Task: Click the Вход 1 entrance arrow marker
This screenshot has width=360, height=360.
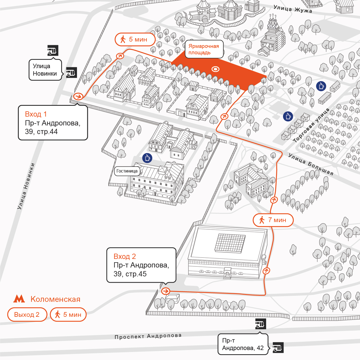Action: (x=78, y=96)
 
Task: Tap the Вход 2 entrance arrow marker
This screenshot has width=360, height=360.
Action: (x=166, y=291)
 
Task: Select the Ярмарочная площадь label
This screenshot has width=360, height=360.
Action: (x=204, y=49)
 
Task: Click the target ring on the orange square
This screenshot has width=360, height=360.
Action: (x=215, y=69)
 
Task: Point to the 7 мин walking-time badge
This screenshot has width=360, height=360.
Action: (x=273, y=220)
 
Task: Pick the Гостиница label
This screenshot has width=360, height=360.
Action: (x=127, y=171)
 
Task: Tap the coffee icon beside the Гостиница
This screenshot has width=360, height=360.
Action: (x=147, y=158)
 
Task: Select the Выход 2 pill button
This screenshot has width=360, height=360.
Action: (x=27, y=315)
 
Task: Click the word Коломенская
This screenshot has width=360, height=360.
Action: (x=55, y=299)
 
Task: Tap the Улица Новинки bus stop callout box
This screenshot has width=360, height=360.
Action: (x=45, y=70)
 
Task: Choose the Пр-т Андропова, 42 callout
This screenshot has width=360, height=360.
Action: (x=243, y=344)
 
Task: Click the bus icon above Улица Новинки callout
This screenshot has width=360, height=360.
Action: (x=53, y=50)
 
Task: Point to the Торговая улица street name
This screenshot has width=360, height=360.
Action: (x=311, y=125)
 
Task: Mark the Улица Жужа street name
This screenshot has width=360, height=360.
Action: (x=293, y=9)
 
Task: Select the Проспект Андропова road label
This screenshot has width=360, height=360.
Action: (x=148, y=336)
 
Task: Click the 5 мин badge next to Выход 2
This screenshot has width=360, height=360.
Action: (x=68, y=315)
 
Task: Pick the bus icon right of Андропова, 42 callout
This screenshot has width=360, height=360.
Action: (x=278, y=348)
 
